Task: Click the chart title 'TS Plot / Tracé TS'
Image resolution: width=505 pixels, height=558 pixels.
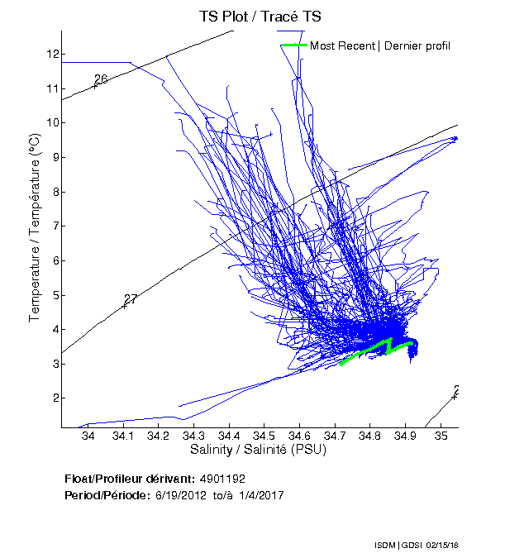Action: tap(259, 16)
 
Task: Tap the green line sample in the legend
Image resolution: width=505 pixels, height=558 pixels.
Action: tap(293, 45)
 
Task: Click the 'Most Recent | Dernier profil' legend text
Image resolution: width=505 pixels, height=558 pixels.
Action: tap(380, 45)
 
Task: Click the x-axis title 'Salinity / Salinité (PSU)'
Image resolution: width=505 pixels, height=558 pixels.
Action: tap(259, 451)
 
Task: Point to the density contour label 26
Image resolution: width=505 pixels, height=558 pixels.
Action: tap(101, 79)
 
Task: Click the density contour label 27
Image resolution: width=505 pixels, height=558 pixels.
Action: tap(131, 299)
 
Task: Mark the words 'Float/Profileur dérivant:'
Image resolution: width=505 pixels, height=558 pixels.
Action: tap(128, 479)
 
